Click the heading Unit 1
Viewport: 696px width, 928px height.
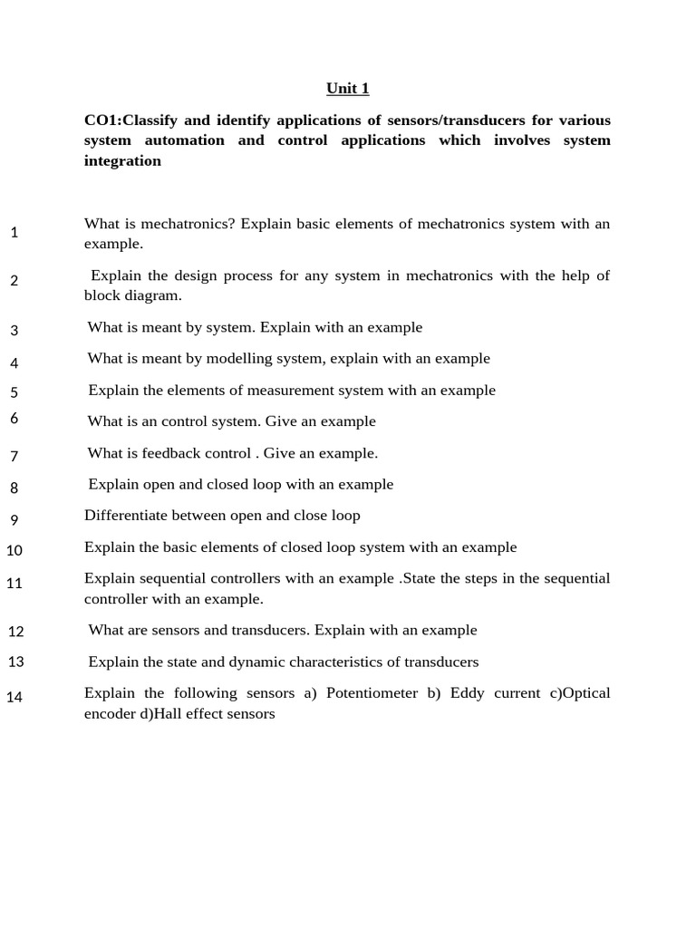click(348, 89)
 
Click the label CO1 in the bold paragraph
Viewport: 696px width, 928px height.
click(100, 121)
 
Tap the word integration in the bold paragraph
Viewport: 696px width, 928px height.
click(122, 161)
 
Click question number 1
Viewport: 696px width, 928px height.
click(14, 233)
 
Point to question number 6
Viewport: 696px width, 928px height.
click(14, 418)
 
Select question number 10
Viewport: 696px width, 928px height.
click(14, 550)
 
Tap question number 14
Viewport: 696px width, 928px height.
click(14, 697)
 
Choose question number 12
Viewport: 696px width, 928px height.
click(15, 631)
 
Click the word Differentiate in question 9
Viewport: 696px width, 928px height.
click(122, 516)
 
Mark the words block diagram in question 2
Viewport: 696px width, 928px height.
click(132, 296)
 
